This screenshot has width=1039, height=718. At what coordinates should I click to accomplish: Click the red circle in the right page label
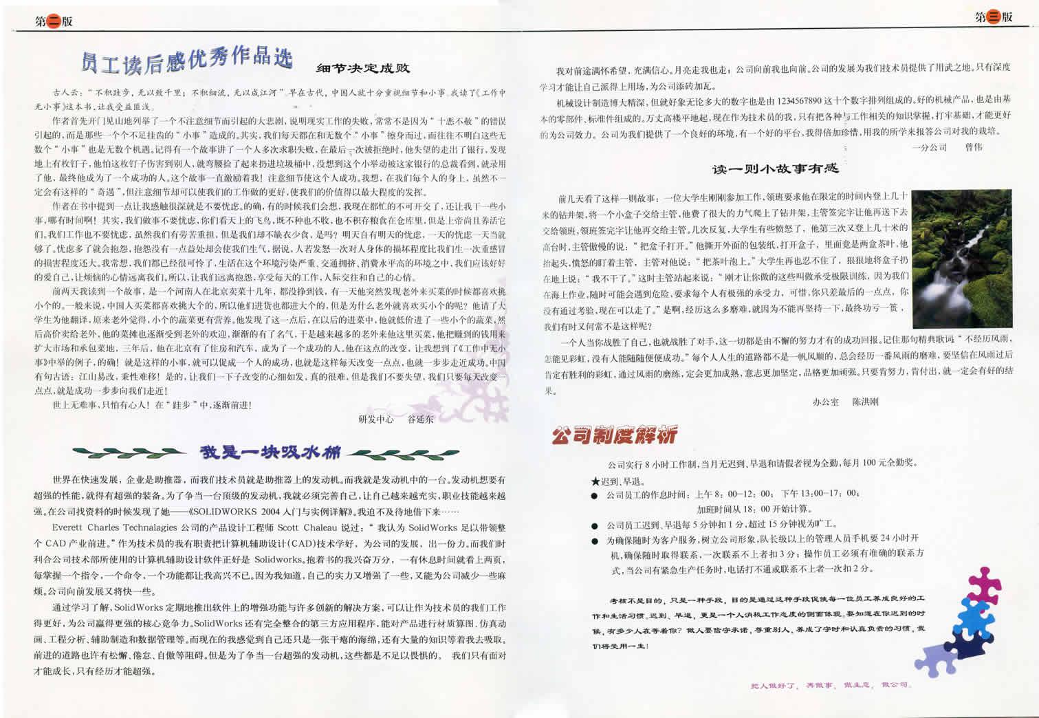994,18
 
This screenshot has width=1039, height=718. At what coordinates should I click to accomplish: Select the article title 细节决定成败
363,68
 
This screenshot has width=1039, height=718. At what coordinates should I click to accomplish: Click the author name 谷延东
421,419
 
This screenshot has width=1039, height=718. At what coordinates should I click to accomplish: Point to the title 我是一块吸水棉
270,453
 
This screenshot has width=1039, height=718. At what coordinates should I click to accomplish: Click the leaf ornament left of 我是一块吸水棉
129,453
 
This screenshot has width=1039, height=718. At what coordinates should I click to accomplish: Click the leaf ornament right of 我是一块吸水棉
388,453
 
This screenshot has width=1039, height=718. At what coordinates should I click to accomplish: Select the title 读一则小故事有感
775,168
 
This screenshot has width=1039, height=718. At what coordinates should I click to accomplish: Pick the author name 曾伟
974,147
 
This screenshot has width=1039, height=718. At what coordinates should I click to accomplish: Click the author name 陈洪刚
865,402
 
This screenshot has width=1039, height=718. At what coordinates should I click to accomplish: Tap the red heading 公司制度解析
614,435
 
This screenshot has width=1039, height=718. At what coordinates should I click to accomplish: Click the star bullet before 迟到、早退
595,481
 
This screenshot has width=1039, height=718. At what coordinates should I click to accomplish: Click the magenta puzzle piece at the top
985,584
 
